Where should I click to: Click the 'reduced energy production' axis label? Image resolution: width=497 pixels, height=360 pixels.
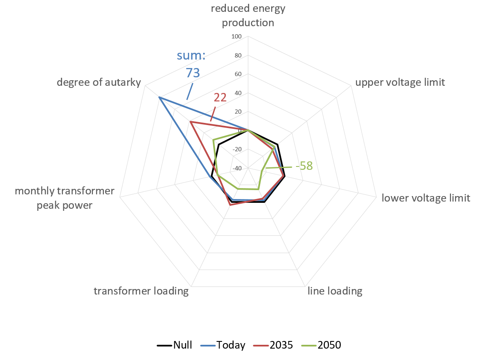pyautogui.click(x=248, y=15)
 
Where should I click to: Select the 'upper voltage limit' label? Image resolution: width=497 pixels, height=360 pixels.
pyautogui.click(x=400, y=82)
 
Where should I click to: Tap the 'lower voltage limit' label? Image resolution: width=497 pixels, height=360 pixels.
pyautogui.click(x=426, y=198)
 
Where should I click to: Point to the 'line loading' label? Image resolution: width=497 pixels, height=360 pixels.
pyautogui.click(x=335, y=291)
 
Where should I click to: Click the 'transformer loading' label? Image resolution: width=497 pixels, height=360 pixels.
pyautogui.click(x=141, y=291)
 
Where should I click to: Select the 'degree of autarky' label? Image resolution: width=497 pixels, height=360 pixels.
pyautogui.click(x=99, y=82)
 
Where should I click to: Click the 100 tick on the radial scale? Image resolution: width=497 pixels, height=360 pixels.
pyautogui.click(x=236, y=37)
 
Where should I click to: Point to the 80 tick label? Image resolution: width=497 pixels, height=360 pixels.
pyautogui.click(x=238, y=56)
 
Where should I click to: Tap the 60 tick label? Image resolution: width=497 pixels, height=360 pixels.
pyautogui.click(x=238, y=74)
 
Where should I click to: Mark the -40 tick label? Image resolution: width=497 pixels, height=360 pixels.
pyautogui.click(x=236, y=168)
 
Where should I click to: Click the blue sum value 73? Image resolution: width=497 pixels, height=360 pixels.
pyautogui.click(x=193, y=73)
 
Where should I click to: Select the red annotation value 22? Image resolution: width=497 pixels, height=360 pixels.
pyautogui.click(x=220, y=98)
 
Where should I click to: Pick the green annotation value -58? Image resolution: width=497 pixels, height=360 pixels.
pyautogui.click(x=304, y=166)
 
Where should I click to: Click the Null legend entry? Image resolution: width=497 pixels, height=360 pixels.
pyautogui.click(x=175, y=345)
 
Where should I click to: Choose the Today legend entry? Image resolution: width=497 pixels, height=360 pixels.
pyautogui.click(x=224, y=345)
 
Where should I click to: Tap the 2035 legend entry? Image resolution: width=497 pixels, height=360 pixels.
pyautogui.click(x=274, y=345)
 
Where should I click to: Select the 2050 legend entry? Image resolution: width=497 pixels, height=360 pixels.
pyautogui.click(x=322, y=345)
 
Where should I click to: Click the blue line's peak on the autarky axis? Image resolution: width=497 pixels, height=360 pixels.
pyautogui.click(x=159, y=98)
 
